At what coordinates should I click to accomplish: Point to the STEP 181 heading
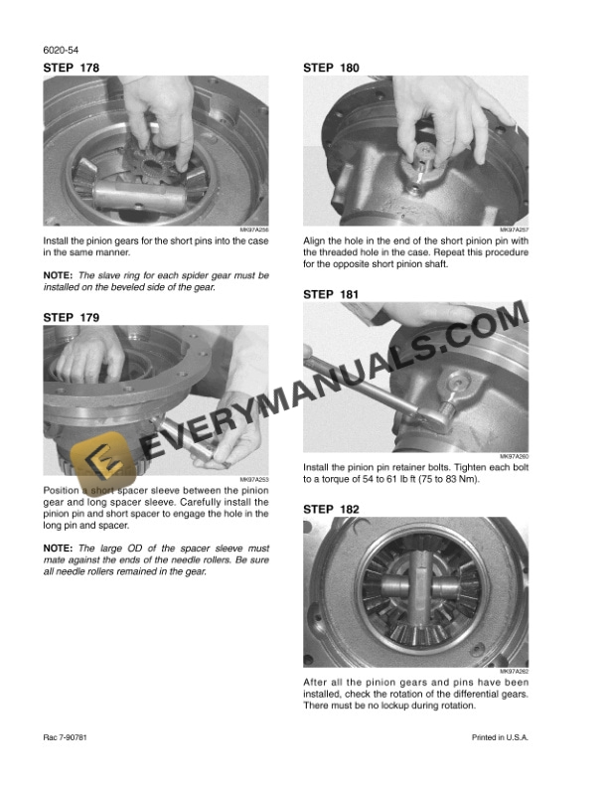[331, 294]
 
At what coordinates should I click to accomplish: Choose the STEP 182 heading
[331, 509]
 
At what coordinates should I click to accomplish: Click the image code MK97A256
[254, 230]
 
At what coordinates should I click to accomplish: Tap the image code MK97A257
[514, 230]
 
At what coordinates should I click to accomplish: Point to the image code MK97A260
[514, 456]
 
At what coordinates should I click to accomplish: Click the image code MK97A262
[514, 671]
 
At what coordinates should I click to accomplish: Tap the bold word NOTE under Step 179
[57, 548]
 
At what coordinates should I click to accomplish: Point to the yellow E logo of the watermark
[99, 459]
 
